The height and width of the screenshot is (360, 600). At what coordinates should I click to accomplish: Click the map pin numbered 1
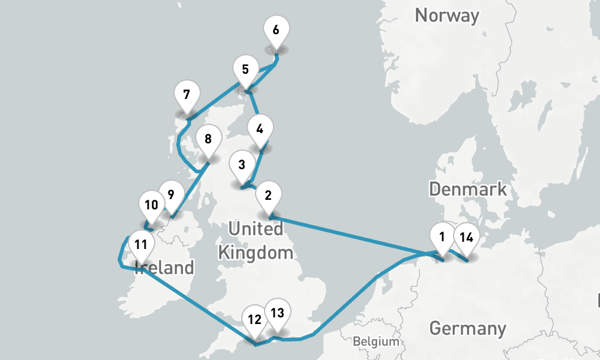[442, 237]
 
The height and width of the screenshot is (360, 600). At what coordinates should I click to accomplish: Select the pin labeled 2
[268, 195]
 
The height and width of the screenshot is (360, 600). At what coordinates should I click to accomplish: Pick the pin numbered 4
[260, 130]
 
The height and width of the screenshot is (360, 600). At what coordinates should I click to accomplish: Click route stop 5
[245, 69]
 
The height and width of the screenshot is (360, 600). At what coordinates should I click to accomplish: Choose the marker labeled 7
[187, 95]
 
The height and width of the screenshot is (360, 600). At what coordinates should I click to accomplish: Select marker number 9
[171, 195]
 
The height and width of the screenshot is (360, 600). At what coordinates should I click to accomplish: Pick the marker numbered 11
[141, 245]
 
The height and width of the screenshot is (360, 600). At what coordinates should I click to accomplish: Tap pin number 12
[254, 319]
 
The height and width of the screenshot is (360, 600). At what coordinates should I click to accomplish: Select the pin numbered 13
[277, 313]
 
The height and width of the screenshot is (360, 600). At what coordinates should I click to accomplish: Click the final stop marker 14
[466, 237]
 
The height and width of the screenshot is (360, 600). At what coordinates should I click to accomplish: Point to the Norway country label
[447, 15]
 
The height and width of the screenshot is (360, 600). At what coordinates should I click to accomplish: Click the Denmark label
[468, 190]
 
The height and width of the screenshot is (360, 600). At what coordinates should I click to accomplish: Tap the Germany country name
[467, 329]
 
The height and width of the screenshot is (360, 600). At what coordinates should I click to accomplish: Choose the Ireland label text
[164, 268]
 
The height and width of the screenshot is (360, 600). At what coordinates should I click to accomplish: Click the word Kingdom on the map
[256, 252]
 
